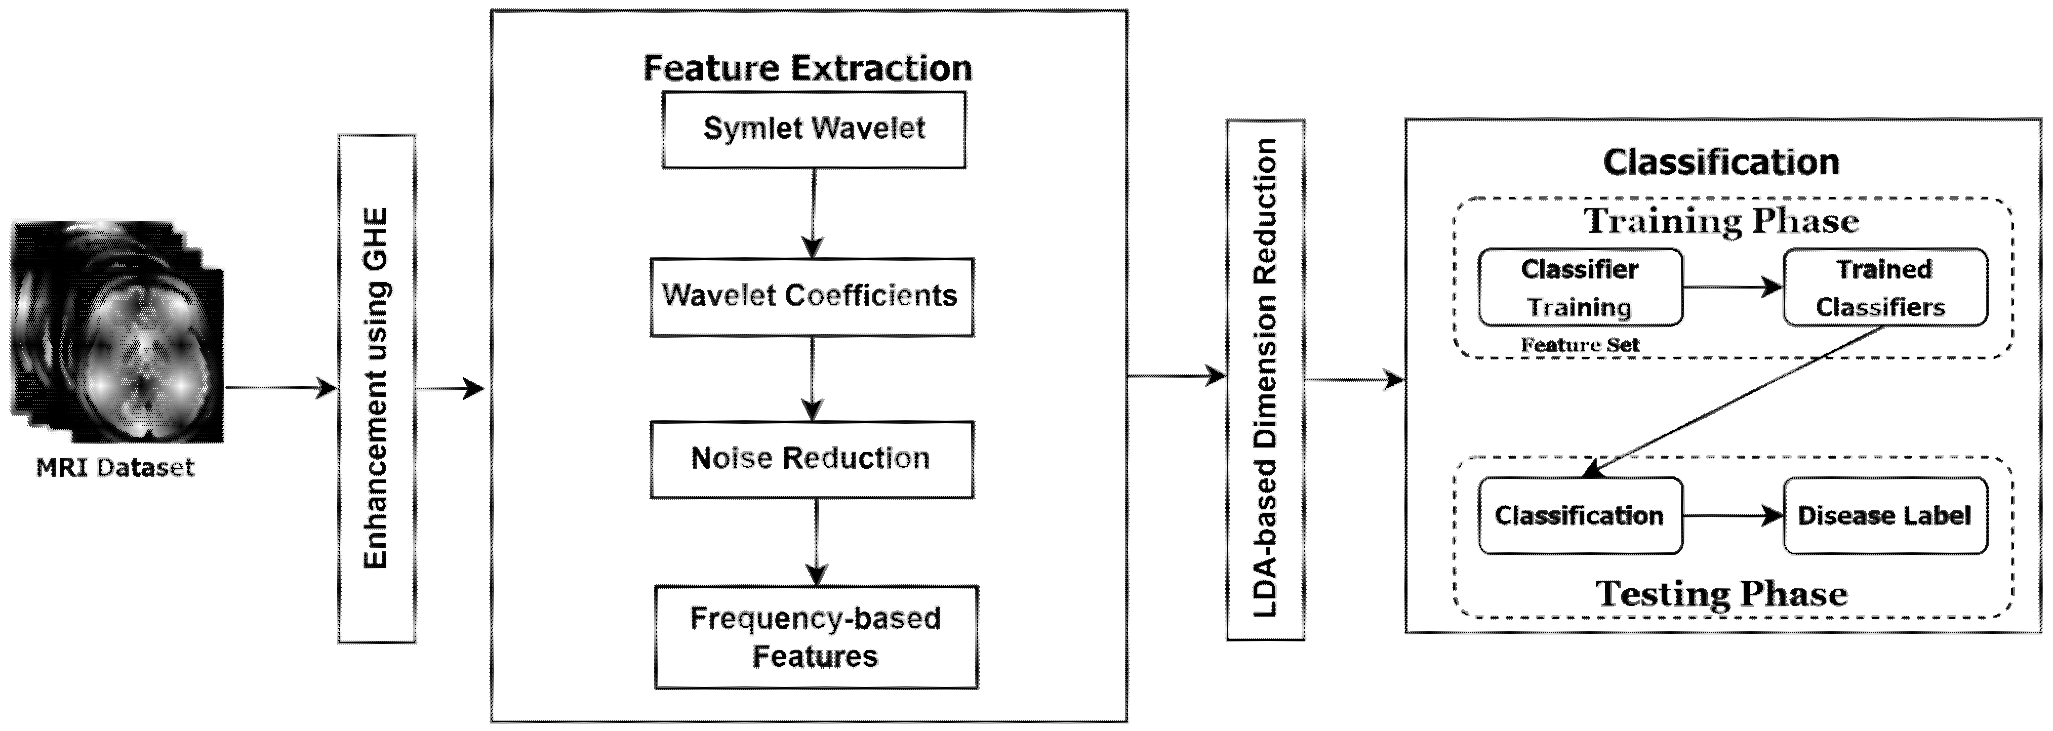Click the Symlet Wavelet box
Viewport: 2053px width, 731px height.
[x=814, y=129]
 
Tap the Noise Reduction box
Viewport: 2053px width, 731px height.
[x=811, y=459]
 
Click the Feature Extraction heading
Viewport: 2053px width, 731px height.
[x=808, y=68]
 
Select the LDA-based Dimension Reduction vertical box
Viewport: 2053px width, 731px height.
[x=1265, y=380]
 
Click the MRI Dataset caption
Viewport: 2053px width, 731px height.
[x=115, y=467]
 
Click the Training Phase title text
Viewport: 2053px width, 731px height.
[x=1721, y=221]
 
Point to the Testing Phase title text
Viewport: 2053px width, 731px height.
[x=1721, y=594]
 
